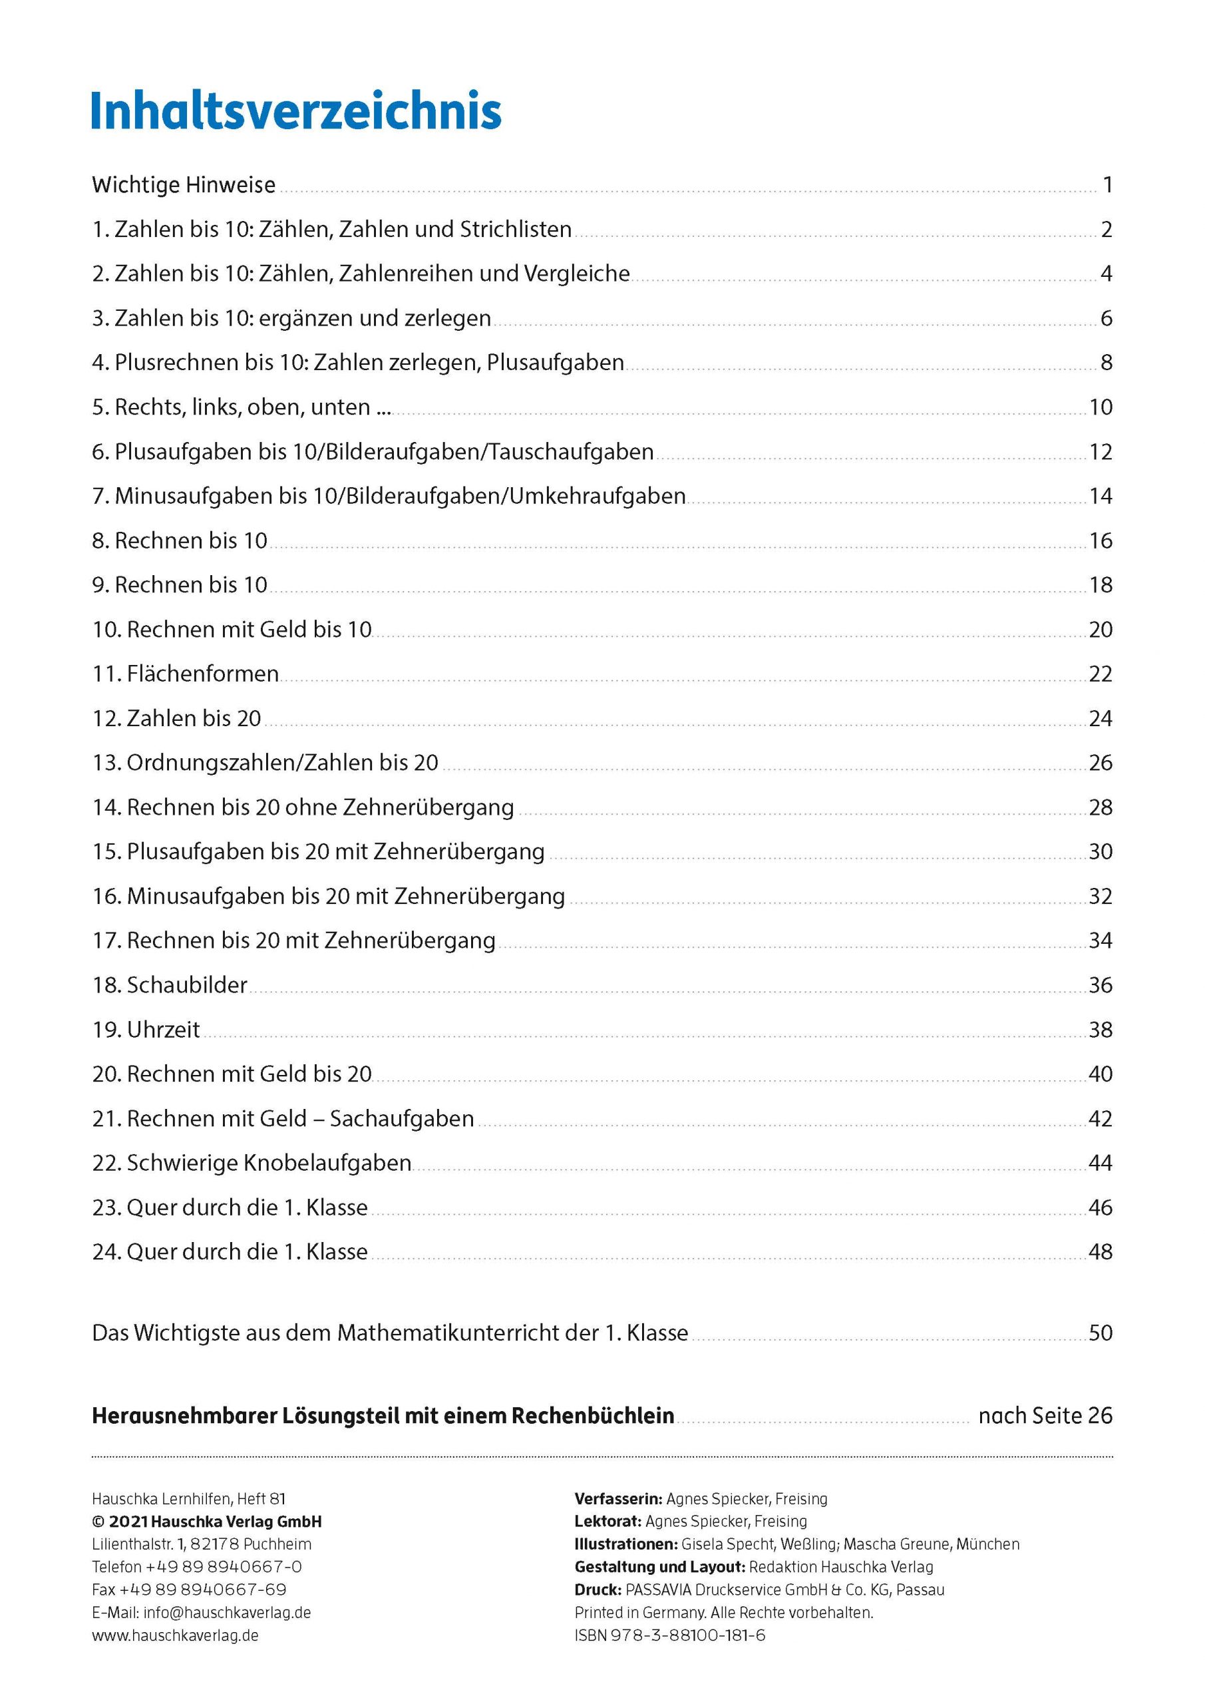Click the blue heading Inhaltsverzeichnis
tap(296, 112)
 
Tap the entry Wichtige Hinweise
tap(183, 185)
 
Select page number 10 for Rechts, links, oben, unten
tap(1100, 407)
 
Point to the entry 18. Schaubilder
tap(169, 985)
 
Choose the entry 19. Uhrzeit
tap(146, 1029)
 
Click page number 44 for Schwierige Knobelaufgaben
tap(1100, 1163)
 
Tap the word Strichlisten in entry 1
tap(516, 230)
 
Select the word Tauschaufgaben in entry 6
tap(570, 452)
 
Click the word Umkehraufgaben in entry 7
tap(597, 496)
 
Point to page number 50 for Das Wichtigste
tap(1100, 1333)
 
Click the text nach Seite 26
tap(1045, 1416)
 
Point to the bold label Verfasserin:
tap(618, 1498)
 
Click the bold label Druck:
tap(598, 1590)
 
